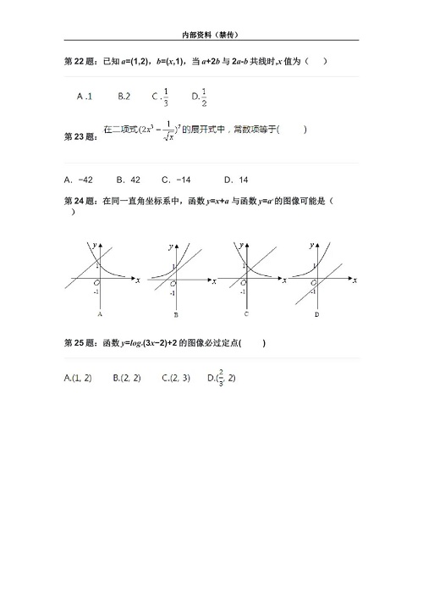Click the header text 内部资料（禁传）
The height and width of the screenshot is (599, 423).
[211, 35]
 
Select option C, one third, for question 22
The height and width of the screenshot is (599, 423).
[162, 96]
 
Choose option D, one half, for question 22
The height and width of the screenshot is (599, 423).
[201, 96]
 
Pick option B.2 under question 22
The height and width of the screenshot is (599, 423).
[124, 97]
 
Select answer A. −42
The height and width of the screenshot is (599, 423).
[80, 180]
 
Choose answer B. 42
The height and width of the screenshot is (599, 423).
[129, 180]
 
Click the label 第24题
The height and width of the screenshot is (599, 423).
[80, 202]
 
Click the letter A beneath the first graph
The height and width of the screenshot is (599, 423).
[100, 313]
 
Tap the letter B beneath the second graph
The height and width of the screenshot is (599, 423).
[175, 314]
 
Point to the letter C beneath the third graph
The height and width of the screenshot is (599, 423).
[245, 313]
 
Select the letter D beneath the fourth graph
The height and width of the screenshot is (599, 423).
[316, 314]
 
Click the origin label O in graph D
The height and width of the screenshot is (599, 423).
[312, 283]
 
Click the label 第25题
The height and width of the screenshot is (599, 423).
[80, 343]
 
